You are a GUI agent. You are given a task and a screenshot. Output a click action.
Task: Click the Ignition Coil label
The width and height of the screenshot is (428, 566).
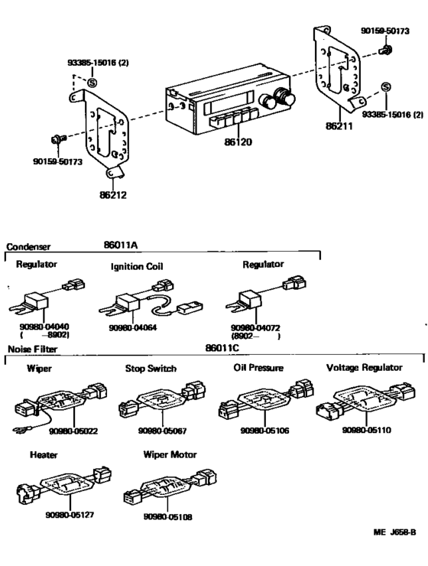coord(138,267)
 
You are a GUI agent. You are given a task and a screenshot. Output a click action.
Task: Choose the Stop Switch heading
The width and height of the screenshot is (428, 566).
coord(151,368)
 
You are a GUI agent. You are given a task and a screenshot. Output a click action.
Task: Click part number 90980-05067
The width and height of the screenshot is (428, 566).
coord(162,431)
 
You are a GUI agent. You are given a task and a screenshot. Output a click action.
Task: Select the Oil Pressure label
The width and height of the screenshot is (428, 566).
coord(258,368)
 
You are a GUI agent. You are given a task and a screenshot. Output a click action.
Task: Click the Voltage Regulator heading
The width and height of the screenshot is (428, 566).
coord(364,368)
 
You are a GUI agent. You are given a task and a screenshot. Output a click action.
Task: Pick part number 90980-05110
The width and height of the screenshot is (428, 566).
coord(367,431)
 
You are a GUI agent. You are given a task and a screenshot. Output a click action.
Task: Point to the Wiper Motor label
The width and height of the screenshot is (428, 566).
coord(170,454)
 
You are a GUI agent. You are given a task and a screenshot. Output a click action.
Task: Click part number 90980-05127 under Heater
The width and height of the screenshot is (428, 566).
coord(70,515)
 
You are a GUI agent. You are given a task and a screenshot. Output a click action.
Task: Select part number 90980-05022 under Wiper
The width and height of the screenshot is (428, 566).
coord(74,431)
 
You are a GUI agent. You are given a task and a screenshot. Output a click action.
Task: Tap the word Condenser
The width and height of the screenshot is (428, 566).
coord(28,247)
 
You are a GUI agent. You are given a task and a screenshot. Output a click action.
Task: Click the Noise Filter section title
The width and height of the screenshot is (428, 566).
coord(32,349)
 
